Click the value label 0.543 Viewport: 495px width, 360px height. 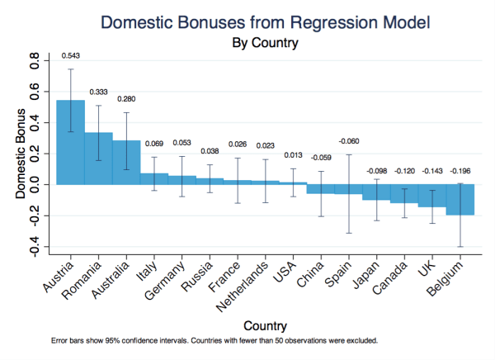71,56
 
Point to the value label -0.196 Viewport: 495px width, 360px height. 460,172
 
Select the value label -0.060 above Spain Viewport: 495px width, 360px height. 348,141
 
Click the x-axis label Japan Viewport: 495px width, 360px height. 364,272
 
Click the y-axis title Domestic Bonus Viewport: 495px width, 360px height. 19,154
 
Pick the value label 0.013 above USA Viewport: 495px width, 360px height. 293,154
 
